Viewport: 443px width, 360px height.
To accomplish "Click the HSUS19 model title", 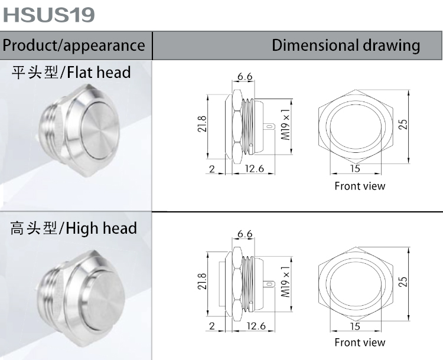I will coord(48,14).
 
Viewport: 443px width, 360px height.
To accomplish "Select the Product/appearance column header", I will coord(74,45).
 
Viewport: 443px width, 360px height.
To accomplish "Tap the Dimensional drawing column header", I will coord(346,45).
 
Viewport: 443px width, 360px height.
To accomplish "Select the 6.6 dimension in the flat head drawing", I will coord(245,77).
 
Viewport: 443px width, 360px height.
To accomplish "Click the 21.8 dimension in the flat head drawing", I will coord(202,125).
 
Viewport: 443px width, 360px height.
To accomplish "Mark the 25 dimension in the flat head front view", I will coord(403,125).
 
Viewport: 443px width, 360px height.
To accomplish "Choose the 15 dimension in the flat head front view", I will coord(354,169).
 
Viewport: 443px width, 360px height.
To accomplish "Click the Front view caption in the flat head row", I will coord(359,186).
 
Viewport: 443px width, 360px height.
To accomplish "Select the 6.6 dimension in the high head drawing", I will coord(245,234).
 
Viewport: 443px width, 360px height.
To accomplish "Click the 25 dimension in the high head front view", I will coord(403,282).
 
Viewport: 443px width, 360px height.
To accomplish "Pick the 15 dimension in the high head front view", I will coord(354,326).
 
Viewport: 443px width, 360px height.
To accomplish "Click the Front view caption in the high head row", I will coord(359,343).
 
